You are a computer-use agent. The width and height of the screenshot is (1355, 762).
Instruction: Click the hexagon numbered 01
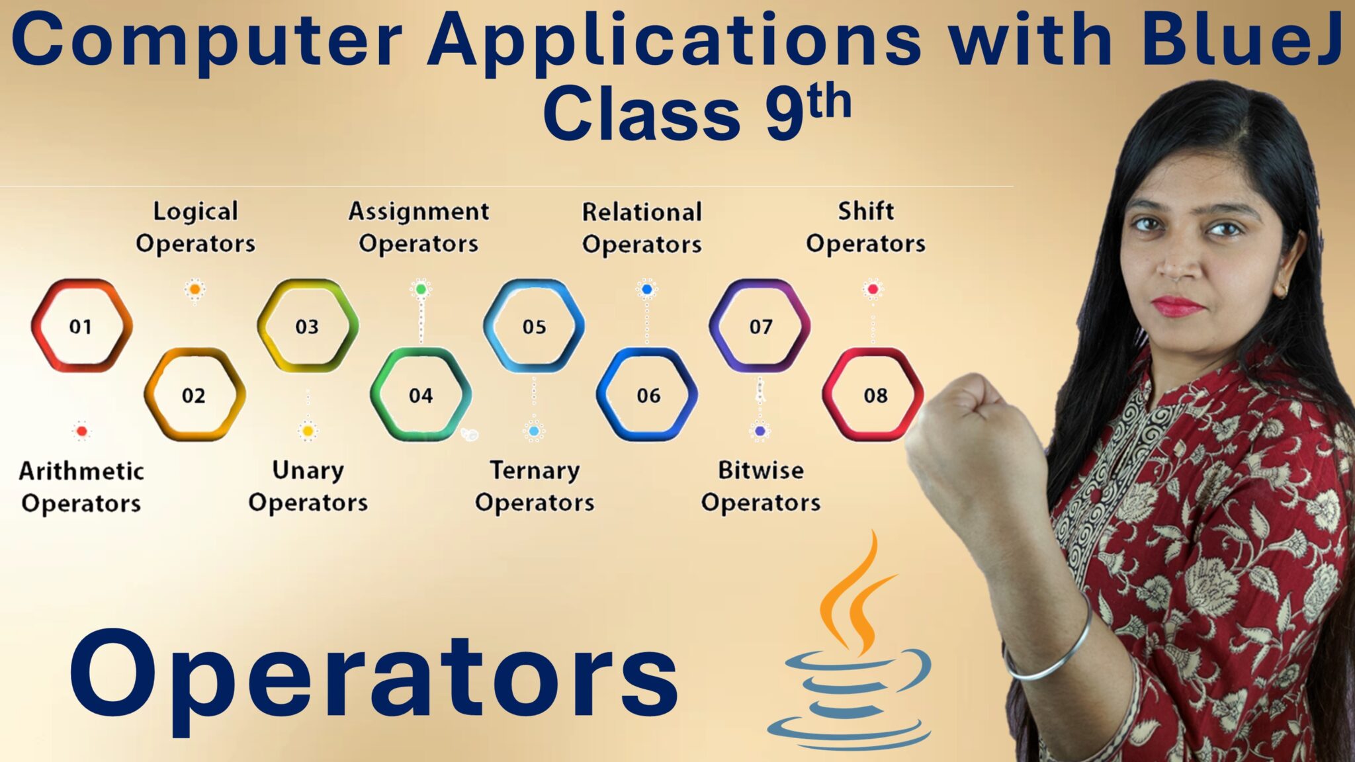point(81,325)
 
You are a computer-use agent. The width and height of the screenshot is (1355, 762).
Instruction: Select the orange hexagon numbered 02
point(194,395)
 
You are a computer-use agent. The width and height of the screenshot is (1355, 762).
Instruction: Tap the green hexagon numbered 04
point(421,395)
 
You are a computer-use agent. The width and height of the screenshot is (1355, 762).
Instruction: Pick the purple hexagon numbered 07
point(760,325)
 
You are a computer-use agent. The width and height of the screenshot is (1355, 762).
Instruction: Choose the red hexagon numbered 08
point(874,395)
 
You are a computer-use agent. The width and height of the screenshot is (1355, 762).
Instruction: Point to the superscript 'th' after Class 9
point(829,103)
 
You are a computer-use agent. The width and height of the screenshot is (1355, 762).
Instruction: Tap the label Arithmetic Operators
point(81,487)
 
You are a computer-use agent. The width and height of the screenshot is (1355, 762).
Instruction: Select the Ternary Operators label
point(535,486)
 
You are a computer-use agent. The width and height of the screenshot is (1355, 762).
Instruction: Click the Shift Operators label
point(865,227)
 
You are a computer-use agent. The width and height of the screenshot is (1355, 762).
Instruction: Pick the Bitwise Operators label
point(761,486)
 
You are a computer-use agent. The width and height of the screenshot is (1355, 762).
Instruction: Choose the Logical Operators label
point(195,227)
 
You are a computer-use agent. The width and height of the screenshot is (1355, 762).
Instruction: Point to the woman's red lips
point(1178,306)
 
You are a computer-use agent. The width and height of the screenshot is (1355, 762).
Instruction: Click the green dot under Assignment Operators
point(421,289)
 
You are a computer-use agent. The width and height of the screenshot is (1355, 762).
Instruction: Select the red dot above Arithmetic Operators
point(81,431)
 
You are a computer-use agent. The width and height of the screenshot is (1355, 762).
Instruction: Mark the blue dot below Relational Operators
point(647,289)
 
